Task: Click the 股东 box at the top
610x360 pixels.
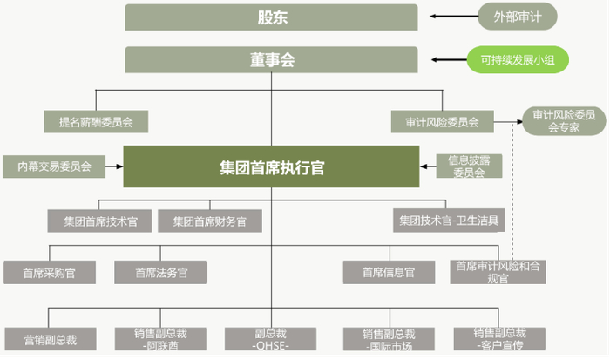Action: point(272,17)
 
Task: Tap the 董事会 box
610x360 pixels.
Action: point(272,59)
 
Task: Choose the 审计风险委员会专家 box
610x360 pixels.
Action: point(564,121)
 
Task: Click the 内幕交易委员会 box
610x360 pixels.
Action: point(53,166)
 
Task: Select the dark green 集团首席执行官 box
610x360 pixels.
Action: point(272,166)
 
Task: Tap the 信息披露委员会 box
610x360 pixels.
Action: point(469,166)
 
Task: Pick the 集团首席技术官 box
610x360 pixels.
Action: point(100,221)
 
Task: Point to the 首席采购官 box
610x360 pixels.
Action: point(49,272)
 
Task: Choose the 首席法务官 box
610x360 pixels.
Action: point(160,272)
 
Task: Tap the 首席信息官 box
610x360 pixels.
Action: point(388,272)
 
